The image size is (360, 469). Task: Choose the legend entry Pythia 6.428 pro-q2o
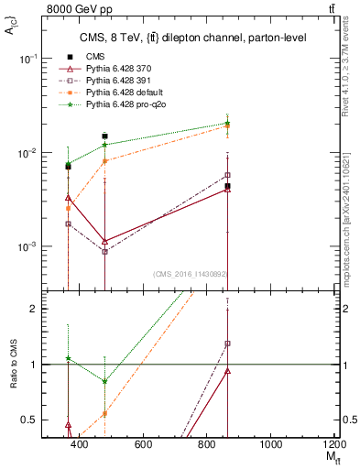125,105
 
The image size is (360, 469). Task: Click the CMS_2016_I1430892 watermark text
191,274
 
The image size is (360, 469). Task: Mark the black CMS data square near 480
105,136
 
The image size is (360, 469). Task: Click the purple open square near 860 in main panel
227,175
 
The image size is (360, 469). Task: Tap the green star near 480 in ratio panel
105,381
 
